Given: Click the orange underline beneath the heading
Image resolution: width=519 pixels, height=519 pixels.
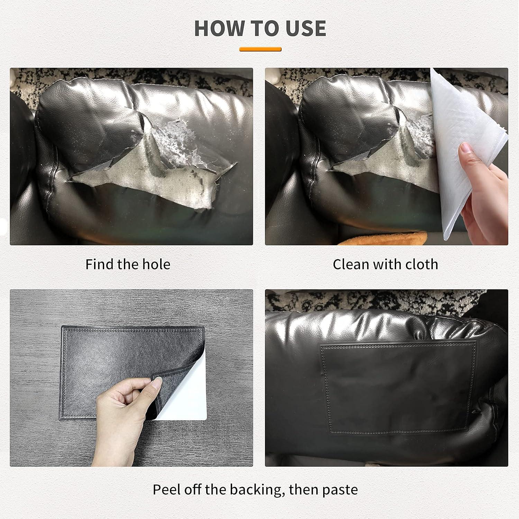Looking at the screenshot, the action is pyautogui.click(x=260, y=49).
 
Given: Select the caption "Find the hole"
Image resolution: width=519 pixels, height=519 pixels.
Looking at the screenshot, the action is pyautogui.click(x=128, y=264).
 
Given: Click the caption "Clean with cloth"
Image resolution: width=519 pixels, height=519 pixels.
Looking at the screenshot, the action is pyautogui.click(x=385, y=264).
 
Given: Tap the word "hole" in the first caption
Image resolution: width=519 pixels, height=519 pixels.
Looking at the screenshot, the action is pyautogui.click(x=157, y=264).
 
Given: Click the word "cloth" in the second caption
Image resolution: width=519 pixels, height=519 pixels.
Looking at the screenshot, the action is pyautogui.click(x=422, y=264).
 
